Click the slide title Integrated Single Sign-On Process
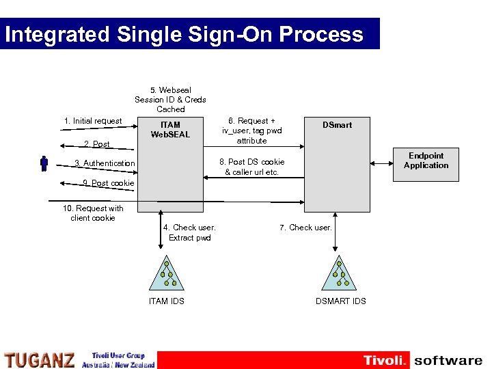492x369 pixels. pyautogui.click(x=184, y=34)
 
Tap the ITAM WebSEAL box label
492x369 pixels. pyautogui.click(x=170, y=129)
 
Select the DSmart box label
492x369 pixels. pyautogui.click(x=338, y=125)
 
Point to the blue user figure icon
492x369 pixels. pyautogui.click(x=44, y=163)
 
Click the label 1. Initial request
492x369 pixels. pyautogui.click(x=93, y=121)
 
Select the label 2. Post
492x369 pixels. pyautogui.click(x=96, y=144)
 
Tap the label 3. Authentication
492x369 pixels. pyautogui.click(x=105, y=163)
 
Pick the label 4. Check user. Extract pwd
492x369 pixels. pyautogui.click(x=190, y=232)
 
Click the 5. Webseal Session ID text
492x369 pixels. pyautogui.click(x=170, y=99)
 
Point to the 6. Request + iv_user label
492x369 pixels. pyautogui.click(x=251, y=131)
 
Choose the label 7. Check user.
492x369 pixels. pyautogui.click(x=305, y=228)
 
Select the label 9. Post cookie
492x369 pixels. pyautogui.click(x=98, y=183)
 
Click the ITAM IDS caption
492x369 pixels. pyautogui.click(x=167, y=301)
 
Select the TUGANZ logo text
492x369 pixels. pyautogui.click(x=40, y=359)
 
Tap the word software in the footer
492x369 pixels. pyautogui.click(x=448, y=360)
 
